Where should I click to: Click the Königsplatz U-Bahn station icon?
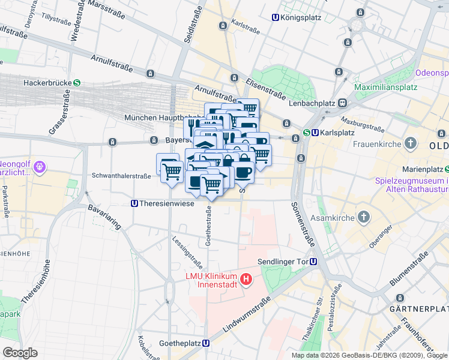click(276, 18)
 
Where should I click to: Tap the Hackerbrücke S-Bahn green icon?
click(77, 83)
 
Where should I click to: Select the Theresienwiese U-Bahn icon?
click(134, 203)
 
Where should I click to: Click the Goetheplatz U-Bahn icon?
click(206, 344)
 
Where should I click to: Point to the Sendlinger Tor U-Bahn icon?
click(313, 262)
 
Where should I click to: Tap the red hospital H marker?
click(245, 279)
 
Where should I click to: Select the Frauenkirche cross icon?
click(410, 143)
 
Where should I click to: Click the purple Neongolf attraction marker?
click(40, 164)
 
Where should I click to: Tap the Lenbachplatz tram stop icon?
click(342, 103)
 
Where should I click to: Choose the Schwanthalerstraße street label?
click(121, 176)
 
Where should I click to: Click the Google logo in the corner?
click(20, 353)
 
